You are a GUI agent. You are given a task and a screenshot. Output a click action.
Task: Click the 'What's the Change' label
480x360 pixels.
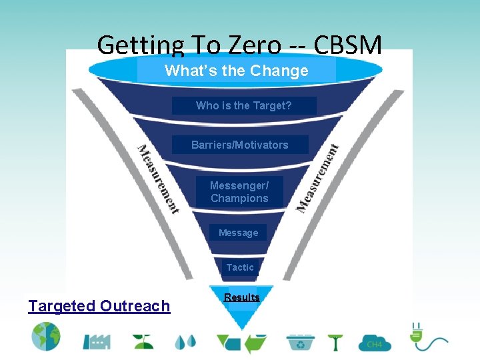[236, 71]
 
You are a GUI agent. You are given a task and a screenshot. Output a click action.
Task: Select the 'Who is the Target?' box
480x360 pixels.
[243, 105]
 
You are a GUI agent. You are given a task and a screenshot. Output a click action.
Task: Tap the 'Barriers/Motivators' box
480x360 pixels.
[240, 145]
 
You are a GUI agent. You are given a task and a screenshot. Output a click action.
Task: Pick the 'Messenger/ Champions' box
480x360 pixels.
[239, 192]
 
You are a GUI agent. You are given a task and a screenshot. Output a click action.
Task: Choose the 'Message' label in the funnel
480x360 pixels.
[238, 233]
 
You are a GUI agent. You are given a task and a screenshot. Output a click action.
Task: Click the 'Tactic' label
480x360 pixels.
[240, 267]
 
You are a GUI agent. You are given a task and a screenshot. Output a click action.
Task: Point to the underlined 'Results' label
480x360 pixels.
[241, 297]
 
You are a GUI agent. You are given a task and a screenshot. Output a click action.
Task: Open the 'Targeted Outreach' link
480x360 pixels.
[99, 306]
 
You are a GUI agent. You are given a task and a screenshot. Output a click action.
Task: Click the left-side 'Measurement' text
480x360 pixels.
[158, 179]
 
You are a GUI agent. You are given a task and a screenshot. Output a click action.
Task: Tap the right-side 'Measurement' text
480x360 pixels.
[318, 178]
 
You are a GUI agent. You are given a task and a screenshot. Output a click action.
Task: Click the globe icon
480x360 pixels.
[45, 337]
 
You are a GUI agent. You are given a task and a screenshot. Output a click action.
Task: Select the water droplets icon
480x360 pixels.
[185, 341]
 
